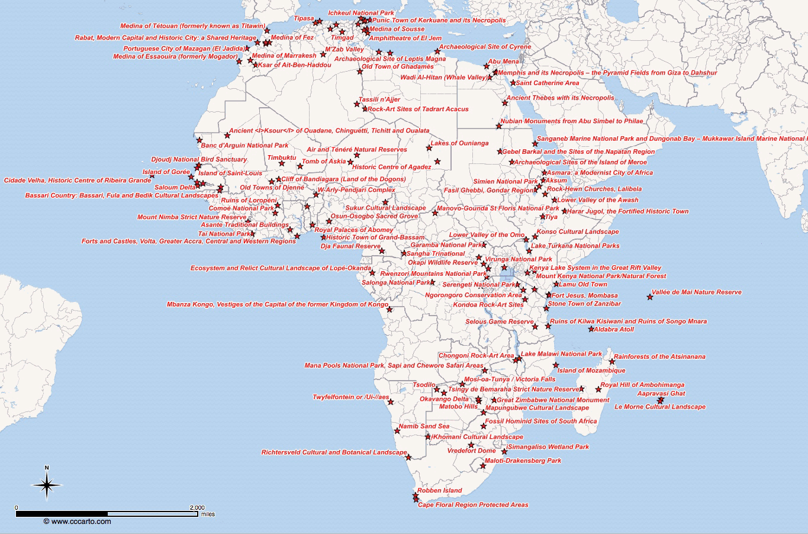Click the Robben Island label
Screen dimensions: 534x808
point(439,491)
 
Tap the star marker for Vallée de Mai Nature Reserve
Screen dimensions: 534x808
point(650,297)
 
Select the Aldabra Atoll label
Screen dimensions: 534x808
point(614,329)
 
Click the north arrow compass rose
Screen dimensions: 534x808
point(47,485)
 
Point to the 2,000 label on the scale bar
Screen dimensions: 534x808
point(197,507)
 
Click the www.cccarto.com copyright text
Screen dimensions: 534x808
point(77,522)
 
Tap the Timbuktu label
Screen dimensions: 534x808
point(281,157)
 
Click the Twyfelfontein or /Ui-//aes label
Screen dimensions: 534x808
point(351,397)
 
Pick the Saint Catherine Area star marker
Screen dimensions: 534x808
point(513,83)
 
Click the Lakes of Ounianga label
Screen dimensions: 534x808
point(459,143)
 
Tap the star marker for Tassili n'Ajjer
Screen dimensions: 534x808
point(357,104)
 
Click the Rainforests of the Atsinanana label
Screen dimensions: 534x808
point(659,356)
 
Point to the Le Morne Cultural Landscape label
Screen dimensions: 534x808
point(659,407)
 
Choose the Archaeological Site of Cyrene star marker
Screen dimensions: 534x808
point(437,51)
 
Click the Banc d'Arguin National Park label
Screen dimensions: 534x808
point(244,146)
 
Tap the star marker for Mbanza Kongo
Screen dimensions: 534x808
point(389,309)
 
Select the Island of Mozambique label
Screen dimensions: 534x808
point(591,371)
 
